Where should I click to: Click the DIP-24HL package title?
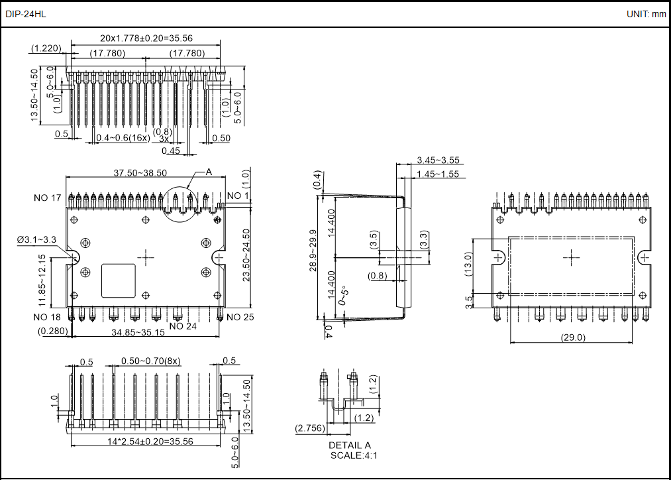(x=26, y=14)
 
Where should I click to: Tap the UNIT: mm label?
(x=646, y=14)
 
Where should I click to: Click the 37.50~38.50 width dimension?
(x=140, y=172)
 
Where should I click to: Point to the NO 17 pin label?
(x=47, y=198)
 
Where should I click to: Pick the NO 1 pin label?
(x=238, y=196)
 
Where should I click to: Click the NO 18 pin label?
(x=47, y=317)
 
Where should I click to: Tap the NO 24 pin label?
(x=183, y=326)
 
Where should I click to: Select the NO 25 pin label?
(x=240, y=317)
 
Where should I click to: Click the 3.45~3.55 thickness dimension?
(x=438, y=160)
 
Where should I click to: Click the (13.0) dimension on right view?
(x=468, y=266)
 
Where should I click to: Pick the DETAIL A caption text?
(x=350, y=445)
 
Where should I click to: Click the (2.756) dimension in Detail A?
(x=309, y=429)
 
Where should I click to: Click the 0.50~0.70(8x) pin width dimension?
(x=151, y=361)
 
